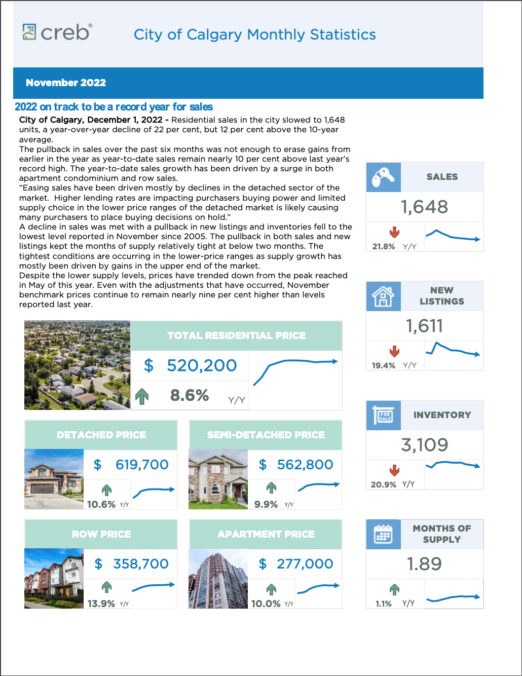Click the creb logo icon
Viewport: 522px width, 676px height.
(29, 32)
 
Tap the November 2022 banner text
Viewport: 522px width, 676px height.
(66, 83)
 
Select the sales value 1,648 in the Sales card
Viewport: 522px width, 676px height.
(424, 207)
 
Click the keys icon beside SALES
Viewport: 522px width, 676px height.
(383, 177)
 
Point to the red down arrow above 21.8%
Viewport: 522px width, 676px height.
(394, 233)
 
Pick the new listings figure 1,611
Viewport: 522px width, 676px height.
(424, 326)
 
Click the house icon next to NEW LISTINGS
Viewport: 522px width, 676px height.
(383, 296)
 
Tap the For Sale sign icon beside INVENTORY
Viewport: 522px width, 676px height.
(383, 415)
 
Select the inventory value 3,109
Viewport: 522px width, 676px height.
(424, 445)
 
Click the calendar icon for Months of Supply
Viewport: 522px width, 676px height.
(383, 534)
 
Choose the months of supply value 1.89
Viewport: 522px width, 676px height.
(424, 564)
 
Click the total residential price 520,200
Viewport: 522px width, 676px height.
(202, 365)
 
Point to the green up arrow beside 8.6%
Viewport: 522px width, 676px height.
(142, 396)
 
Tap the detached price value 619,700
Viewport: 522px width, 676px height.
(142, 465)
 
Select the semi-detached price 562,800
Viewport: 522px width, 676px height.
(305, 465)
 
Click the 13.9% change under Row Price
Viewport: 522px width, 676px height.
(101, 604)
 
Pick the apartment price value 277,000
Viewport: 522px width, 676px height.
(305, 564)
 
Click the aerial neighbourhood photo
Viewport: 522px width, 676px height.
(77, 365)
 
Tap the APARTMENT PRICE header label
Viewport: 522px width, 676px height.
(266, 534)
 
